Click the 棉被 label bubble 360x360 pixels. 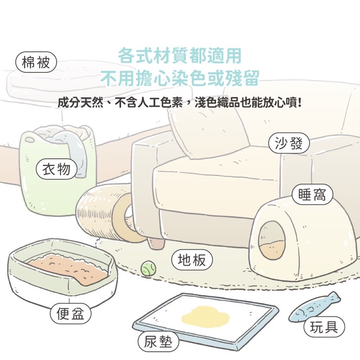pos(36,62)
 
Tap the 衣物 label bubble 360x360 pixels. pos(57,169)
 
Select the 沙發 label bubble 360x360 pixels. pos(289,143)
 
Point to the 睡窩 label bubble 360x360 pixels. pos(312,194)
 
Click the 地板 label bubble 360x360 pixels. pos(192,260)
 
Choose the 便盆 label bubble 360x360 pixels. pos(71,313)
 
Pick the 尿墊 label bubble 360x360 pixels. pos(158,342)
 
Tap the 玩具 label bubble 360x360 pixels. pos(324,327)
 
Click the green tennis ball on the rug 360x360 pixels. pos(148,268)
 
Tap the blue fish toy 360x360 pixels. pos(314,306)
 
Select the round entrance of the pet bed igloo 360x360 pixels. pos(272,240)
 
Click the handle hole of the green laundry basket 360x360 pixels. pos(30,139)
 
